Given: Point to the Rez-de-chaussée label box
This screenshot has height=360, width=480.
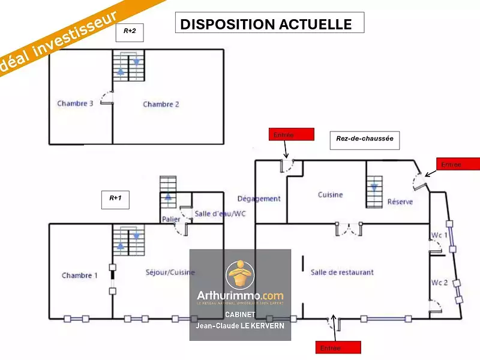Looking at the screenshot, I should point(364,139).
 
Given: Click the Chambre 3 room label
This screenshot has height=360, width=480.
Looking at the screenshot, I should point(75,104).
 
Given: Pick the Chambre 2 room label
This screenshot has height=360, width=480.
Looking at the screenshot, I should point(161,104).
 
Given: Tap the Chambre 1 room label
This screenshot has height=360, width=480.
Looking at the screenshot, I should point(79,275).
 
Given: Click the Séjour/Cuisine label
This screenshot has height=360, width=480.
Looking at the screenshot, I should point(170,272).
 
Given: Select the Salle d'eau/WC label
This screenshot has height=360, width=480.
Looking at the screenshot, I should point(220,214).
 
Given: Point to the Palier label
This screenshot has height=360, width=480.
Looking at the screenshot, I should point(171,220).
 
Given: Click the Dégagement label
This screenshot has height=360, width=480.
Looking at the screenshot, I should point(259,199).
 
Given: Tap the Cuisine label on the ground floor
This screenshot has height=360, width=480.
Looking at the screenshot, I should point(330,194).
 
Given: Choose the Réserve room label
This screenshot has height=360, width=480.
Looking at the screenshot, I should point(400,202).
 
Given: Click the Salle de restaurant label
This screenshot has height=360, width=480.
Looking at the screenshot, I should point(342,272).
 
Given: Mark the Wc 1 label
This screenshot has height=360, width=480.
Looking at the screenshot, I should point(439,235).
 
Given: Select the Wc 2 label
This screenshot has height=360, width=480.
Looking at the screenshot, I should point(439,282).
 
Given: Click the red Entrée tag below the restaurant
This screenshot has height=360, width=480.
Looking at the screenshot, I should point(338,347).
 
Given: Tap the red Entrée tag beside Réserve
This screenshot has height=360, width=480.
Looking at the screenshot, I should point(458,164).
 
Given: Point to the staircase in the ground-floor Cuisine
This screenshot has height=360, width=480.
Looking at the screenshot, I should point(374,188).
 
